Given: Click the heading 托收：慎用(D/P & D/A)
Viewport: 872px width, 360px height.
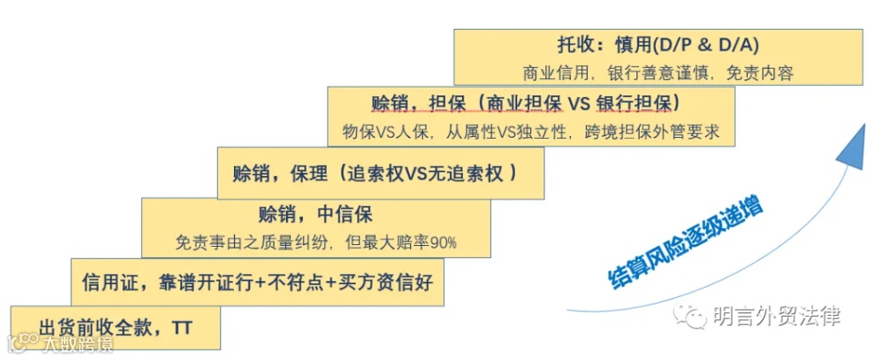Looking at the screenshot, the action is coord(653,45).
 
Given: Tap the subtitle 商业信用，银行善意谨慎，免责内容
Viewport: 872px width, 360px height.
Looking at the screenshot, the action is coord(658,73).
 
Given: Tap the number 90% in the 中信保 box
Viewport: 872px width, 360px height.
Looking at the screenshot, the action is coord(443,242).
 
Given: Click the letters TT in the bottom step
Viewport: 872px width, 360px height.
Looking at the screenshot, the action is coord(182,327).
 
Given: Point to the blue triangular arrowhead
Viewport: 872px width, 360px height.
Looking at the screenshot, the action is coord(848,152).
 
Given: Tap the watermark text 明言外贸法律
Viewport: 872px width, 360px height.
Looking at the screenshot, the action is coord(775,317).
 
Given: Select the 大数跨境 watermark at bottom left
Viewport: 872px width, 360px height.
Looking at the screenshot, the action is coord(60,344).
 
